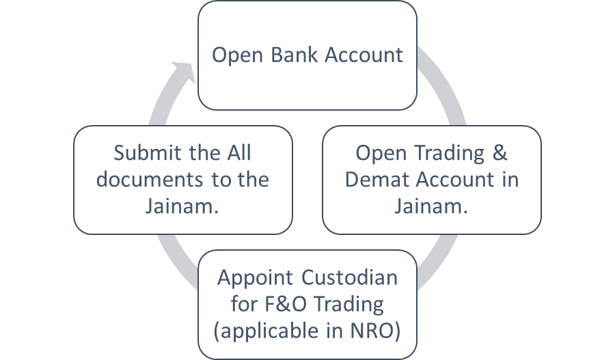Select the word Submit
pos(141,152)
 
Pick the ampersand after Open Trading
pos(500,152)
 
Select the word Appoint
pos(254,278)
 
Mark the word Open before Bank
pos(236,55)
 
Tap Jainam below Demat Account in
pos(431,207)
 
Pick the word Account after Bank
pos(364,55)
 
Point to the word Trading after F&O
pos(347,305)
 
